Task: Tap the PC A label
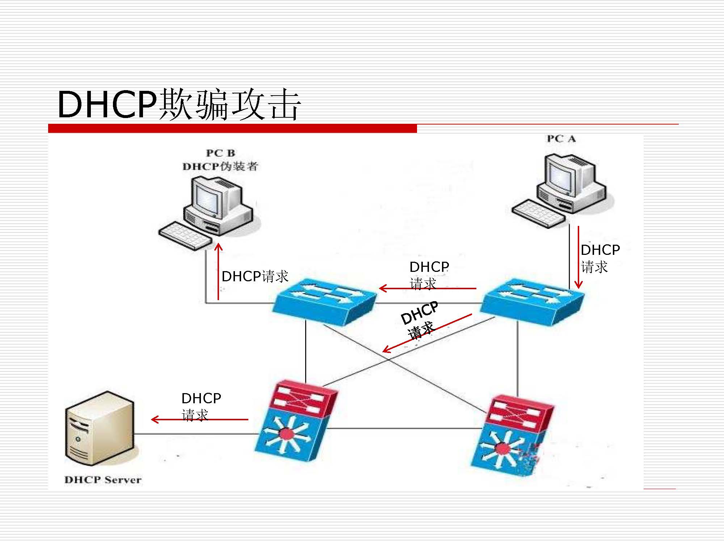click(561, 139)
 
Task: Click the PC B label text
click(220, 153)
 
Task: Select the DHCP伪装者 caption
click(220, 167)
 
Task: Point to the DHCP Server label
click(103, 480)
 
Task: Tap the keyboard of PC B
click(185, 236)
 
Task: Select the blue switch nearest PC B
click(324, 300)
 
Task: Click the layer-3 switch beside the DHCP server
click(295, 422)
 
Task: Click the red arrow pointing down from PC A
click(578, 257)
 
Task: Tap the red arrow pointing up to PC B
click(218, 271)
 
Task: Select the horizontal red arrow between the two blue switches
click(427, 289)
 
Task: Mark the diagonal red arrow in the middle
click(427, 333)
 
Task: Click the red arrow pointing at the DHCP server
click(199, 420)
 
